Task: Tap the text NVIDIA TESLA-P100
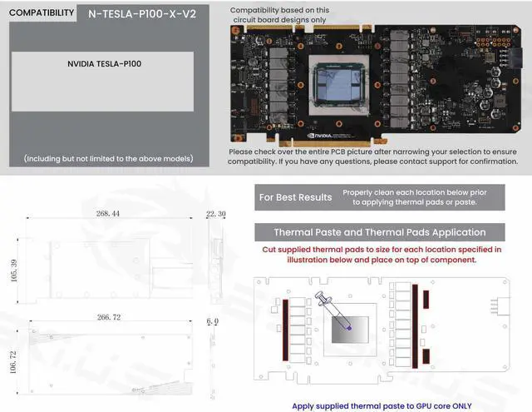point(104,63)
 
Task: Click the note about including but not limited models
point(108,158)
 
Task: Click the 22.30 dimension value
point(215,215)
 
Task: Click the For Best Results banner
point(295,197)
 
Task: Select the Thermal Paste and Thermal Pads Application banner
point(380,232)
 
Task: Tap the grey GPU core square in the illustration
point(349,330)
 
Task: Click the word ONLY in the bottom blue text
point(463,405)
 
